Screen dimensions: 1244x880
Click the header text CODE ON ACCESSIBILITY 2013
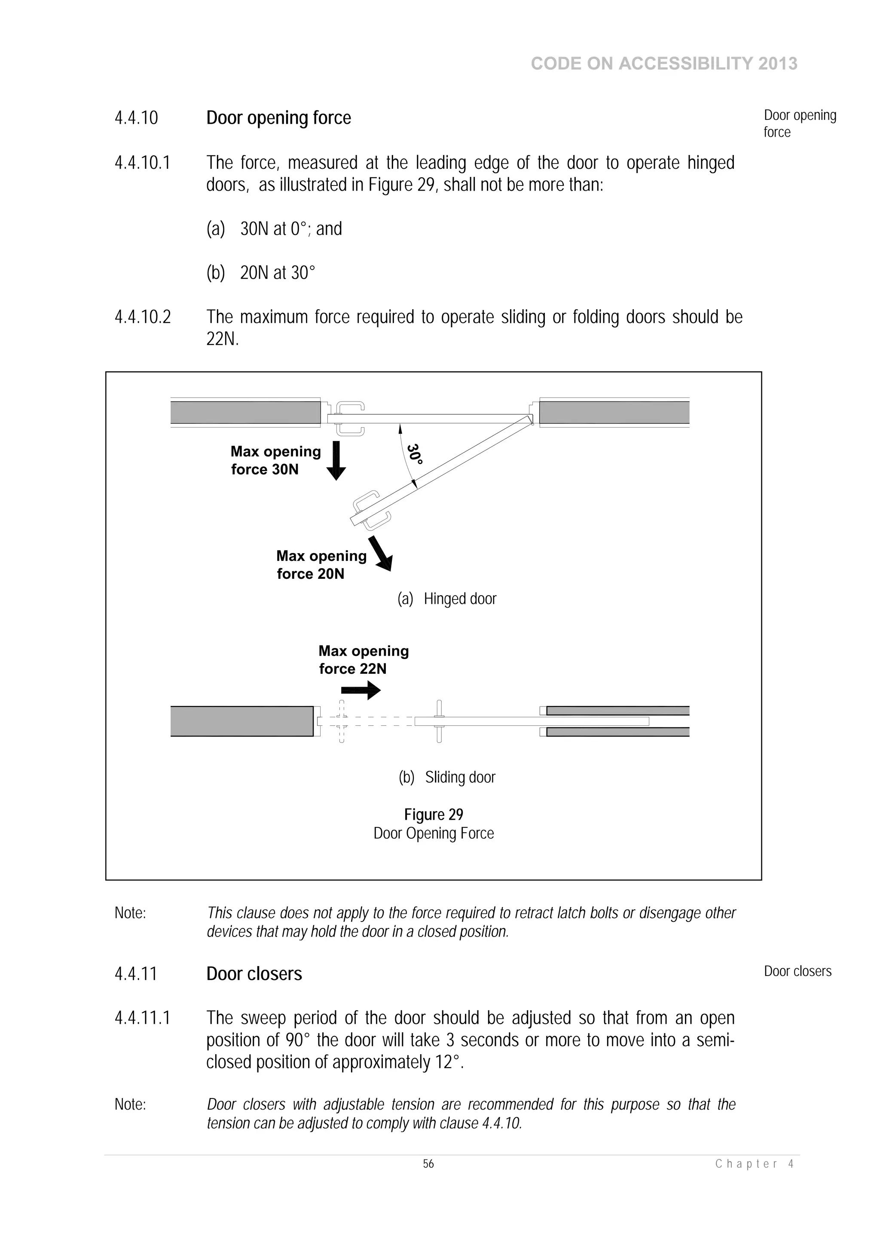pos(664,64)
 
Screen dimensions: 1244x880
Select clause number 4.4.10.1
pos(142,163)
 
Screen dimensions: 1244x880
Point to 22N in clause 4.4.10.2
pos(222,340)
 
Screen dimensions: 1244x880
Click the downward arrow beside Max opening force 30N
pos(336,460)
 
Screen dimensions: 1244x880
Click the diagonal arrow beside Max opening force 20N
pos(380,553)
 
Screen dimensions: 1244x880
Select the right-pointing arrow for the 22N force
pos(361,690)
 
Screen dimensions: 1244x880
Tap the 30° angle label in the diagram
pos(414,453)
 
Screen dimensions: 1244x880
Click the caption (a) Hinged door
pos(447,599)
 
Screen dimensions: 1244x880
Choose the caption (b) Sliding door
pos(447,777)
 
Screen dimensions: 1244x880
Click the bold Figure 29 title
pos(433,814)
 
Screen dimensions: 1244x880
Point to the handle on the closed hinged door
pos(350,418)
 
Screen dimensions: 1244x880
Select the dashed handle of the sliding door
pos(342,721)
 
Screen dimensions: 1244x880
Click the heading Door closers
pos(254,973)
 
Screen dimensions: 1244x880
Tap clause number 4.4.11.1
pos(142,1018)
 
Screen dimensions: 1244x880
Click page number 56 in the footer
pos(428,1164)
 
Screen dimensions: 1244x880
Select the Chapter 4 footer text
pos(754,1164)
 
